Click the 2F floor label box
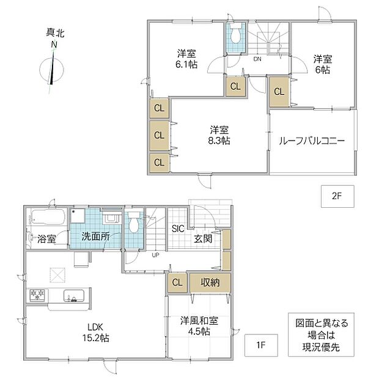(x=337, y=196)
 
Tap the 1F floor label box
(x=261, y=345)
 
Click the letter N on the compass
(x=54, y=45)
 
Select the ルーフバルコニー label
(x=312, y=141)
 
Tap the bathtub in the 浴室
(x=48, y=217)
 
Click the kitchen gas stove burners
(x=37, y=295)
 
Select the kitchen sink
(x=74, y=295)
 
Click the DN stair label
(x=257, y=59)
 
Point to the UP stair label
(x=155, y=255)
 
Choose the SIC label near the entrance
(x=178, y=229)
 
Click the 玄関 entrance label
(x=203, y=239)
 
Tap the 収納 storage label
(x=210, y=282)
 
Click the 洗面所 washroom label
(x=95, y=236)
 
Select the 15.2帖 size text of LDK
(x=96, y=337)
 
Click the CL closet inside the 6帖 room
(x=279, y=92)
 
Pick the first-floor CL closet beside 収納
(x=177, y=282)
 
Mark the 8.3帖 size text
(x=219, y=141)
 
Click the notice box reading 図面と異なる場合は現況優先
(x=321, y=335)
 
